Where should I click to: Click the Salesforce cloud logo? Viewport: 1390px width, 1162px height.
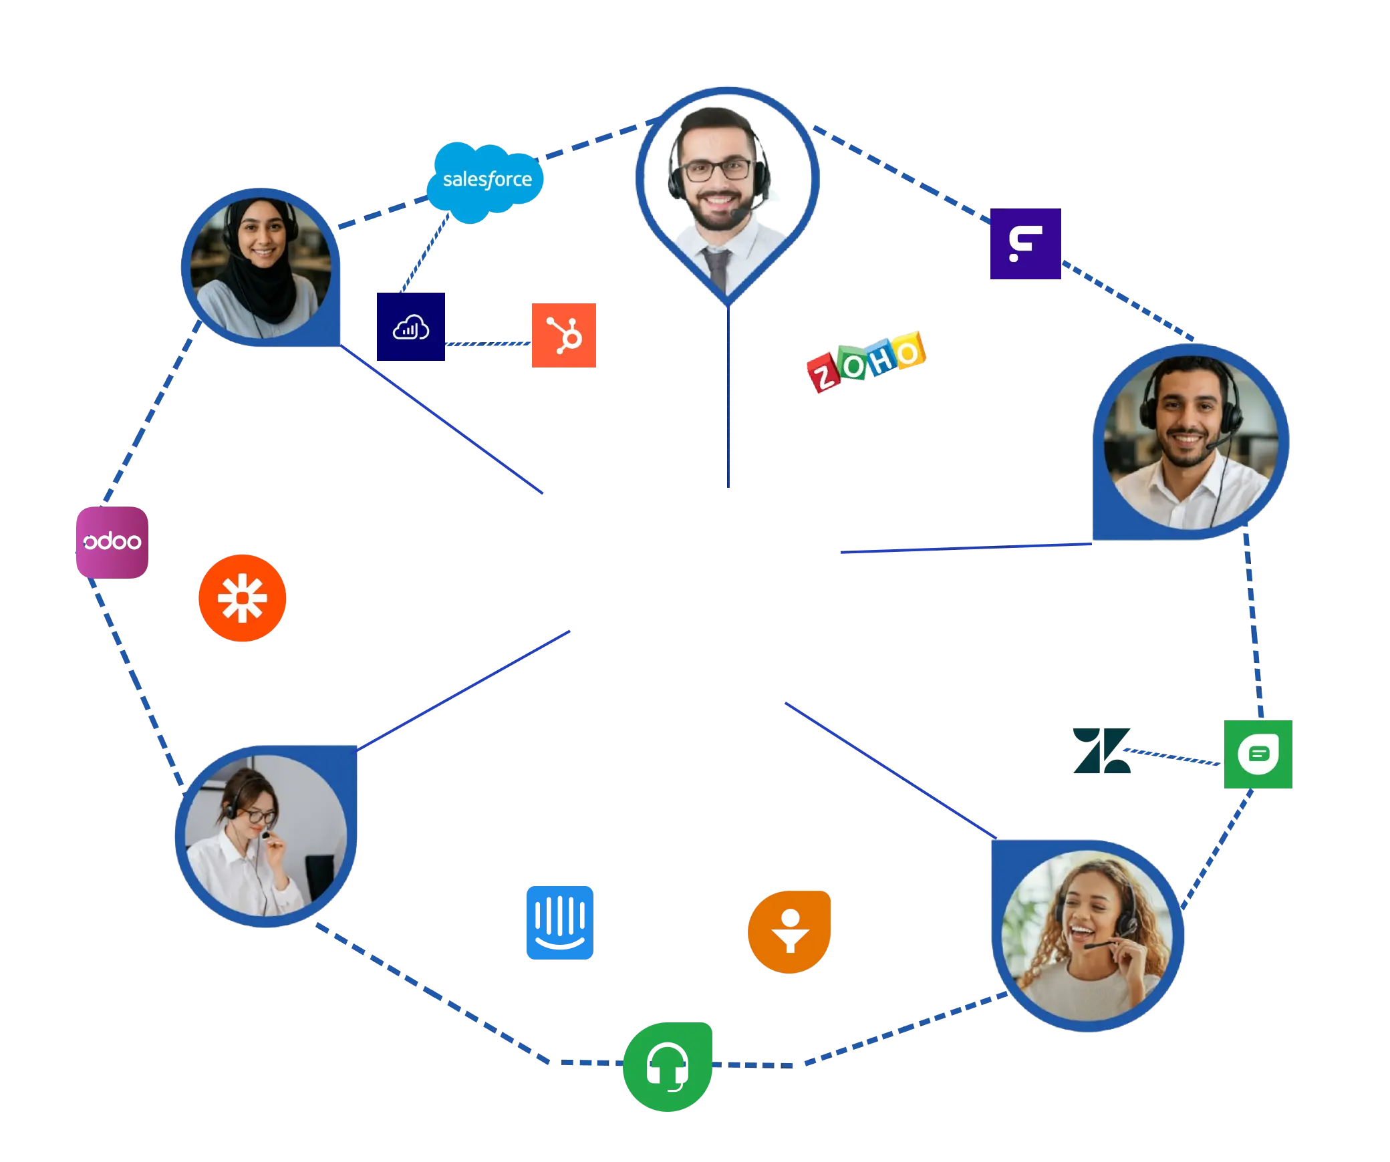486,180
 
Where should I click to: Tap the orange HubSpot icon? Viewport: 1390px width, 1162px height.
564,334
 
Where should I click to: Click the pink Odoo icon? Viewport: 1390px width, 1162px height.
112,542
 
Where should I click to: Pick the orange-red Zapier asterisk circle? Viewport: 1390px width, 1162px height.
243,597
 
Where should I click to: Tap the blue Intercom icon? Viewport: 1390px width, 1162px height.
559,923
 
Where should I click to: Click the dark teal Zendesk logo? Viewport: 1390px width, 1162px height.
1101,751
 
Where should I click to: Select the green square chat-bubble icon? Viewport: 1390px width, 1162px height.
1258,754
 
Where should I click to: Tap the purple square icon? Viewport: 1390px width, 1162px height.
1025,244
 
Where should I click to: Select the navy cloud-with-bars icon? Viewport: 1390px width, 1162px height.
410,327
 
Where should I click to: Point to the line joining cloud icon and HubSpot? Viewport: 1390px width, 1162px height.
487,343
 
